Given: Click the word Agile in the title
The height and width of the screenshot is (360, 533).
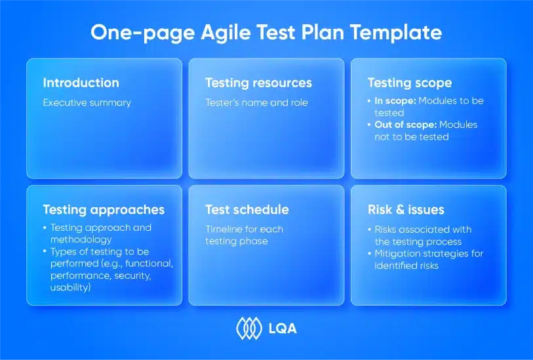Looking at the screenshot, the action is (226, 33).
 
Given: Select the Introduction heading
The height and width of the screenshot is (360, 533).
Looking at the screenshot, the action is (81, 83).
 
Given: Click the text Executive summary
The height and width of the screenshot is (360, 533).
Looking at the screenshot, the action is (87, 103).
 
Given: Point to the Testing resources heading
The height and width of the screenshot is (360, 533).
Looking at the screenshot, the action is (259, 83).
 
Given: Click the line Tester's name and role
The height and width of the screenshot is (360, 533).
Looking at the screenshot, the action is (256, 103).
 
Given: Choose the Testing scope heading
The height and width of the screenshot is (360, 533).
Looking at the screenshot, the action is (410, 83).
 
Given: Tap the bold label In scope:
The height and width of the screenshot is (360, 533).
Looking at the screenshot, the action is (395, 101).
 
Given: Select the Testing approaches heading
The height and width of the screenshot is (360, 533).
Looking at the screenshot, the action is (104, 210).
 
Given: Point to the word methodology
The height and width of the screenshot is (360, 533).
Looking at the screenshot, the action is (81, 239).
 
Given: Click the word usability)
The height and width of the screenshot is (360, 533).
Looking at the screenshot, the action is (71, 288).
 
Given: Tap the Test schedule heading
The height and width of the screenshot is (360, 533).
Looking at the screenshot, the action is (247, 210).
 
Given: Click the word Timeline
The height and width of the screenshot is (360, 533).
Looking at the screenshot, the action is (224, 229).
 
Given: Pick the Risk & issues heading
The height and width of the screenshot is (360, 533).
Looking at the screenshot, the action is (406, 210).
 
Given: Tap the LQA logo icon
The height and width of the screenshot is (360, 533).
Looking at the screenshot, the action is (250, 329).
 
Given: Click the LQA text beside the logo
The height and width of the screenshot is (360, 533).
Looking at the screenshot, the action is (283, 329).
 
